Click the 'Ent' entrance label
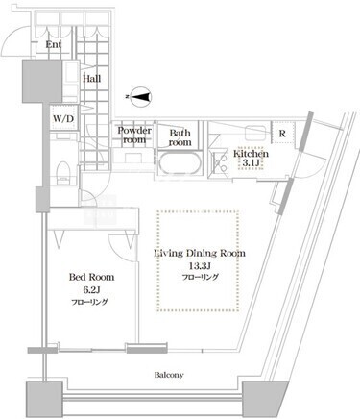point(54,44)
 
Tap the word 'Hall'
point(92,79)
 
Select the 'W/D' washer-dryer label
point(63,118)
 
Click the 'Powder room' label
point(134,135)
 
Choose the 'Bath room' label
point(180,137)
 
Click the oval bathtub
point(180,162)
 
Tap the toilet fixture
point(63,173)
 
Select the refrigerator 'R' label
point(282,134)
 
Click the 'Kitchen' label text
point(251,154)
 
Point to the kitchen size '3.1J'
point(251,162)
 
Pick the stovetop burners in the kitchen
point(219,162)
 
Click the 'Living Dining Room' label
point(200,253)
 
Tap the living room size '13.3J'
point(200,266)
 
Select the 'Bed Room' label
point(91,277)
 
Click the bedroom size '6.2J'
point(92,290)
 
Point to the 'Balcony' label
point(169,375)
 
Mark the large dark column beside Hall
point(42,81)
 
